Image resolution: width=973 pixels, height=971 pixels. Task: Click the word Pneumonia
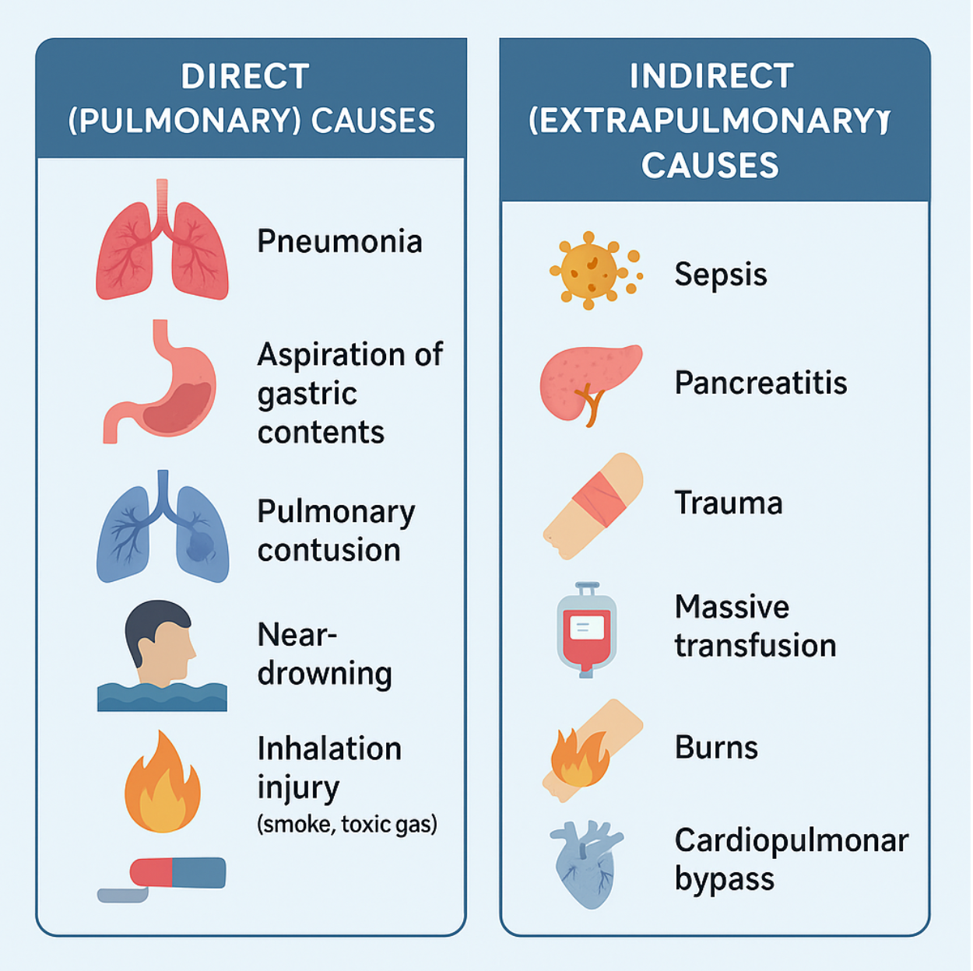[x=339, y=241]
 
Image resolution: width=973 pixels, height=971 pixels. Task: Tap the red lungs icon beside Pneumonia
[x=162, y=245]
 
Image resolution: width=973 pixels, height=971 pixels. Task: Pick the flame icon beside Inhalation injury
[x=162, y=784]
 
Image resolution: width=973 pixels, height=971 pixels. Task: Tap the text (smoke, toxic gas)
[x=347, y=824]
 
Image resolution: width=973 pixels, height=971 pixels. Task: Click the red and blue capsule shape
[x=178, y=872]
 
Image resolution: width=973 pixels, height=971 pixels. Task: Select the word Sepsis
[x=721, y=275]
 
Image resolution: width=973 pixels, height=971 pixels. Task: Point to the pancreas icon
[x=589, y=383]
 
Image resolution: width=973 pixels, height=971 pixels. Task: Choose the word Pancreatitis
[x=760, y=383]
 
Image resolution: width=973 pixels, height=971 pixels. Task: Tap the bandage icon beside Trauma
[x=593, y=505]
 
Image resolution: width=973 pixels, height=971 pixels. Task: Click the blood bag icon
[x=587, y=629]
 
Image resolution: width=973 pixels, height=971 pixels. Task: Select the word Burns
[x=716, y=748]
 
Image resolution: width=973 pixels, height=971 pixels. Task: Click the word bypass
[x=724, y=880]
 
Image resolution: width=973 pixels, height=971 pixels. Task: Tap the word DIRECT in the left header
[x=245, y=77]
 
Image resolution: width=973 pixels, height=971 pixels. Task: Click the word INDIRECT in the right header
[x=711, y=76]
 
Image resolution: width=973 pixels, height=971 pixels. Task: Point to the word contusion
[x=328, y=551]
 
